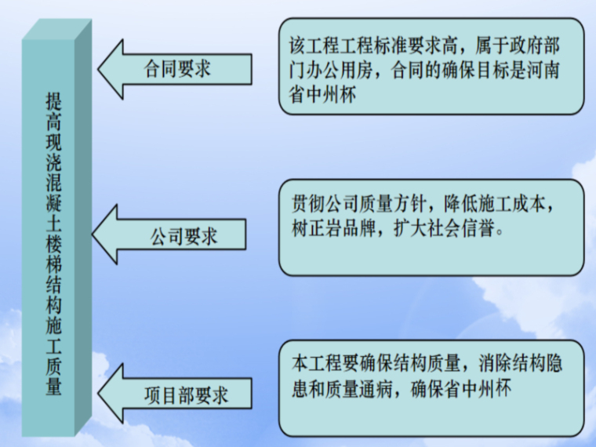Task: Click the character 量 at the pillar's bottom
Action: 53,387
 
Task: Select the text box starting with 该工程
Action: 431,67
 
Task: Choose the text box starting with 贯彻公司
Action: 431,227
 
